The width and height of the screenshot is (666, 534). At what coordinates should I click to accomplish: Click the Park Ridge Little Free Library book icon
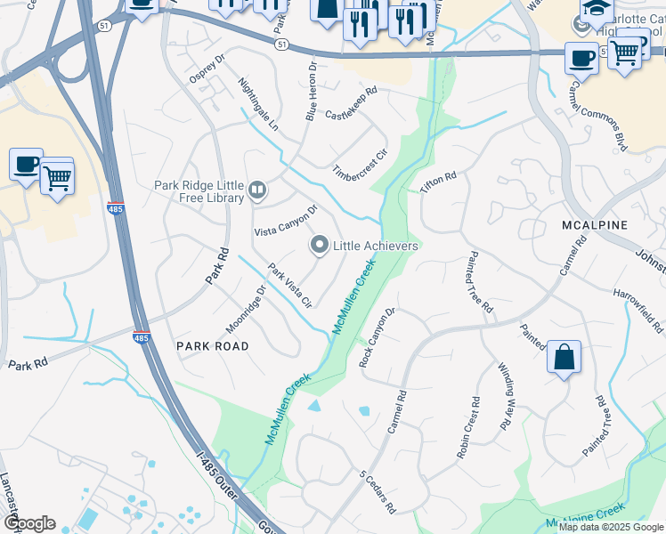(257, 189)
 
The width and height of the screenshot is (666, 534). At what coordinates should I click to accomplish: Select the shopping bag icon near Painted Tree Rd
(564, 358)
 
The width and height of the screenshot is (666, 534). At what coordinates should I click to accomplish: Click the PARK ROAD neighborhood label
(212, 345)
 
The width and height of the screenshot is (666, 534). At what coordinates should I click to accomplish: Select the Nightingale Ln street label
(259, 104)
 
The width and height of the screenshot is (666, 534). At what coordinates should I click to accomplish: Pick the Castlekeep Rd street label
(351, 91)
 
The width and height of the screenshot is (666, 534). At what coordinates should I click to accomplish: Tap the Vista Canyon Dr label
(286, 220)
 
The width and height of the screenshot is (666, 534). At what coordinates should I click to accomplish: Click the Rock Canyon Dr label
(376, 338)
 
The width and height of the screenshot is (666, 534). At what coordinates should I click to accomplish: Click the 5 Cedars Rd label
(377, 491)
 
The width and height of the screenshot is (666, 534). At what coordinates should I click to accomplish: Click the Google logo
(28, 523)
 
